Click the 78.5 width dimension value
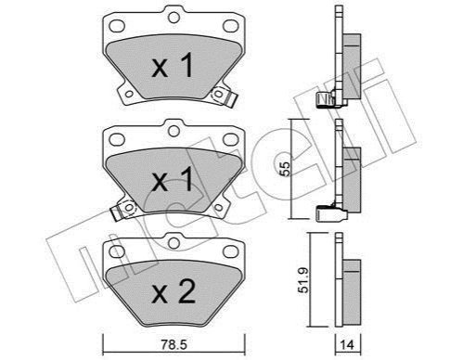click(174, 344)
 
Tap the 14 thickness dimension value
click(347, 344)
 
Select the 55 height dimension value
click(286, 169)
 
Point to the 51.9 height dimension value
click(303, 280)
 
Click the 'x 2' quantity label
click(174, 291)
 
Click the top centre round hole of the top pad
click(174, 18)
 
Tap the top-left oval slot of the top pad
click(117, 26)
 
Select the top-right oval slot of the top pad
click(230, 26)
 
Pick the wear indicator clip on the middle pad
click(123, 210)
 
